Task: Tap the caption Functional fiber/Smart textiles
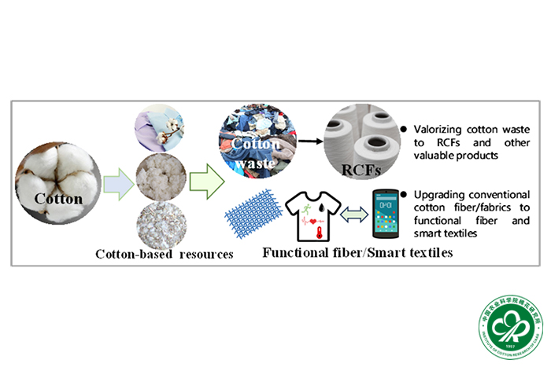pyautogui.click(x=351, y=252)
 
